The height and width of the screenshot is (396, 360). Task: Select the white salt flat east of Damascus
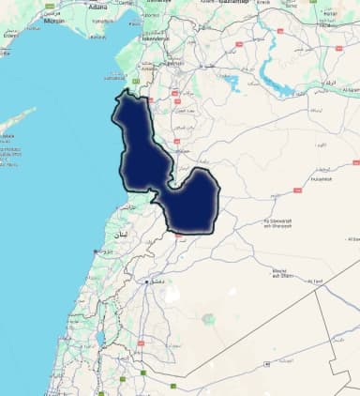172,294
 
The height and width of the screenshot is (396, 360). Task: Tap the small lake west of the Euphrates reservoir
229,84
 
